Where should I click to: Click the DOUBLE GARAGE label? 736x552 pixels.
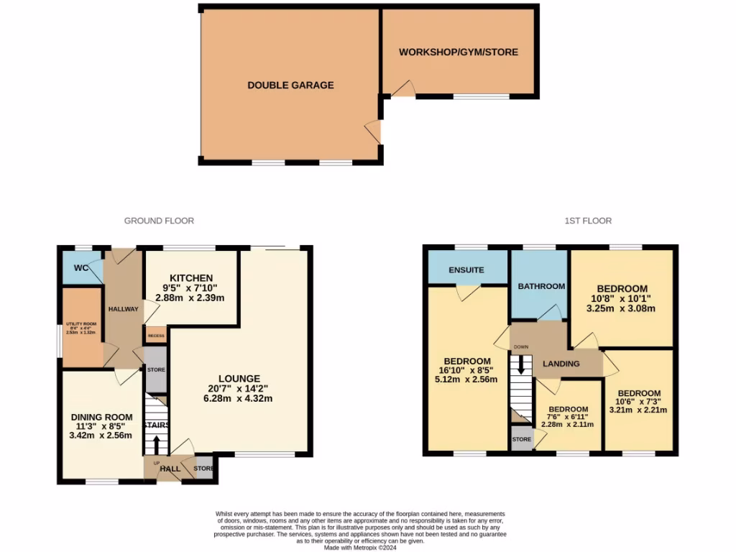290,85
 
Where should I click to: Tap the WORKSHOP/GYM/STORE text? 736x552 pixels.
458,52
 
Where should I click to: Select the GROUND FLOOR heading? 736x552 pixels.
159,221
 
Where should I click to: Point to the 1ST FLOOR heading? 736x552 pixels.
587,221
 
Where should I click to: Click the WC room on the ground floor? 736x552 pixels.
81,268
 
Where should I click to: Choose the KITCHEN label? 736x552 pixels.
190,278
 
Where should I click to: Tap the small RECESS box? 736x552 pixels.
155,335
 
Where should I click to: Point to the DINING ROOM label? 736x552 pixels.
101,417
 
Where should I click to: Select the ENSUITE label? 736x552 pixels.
466,270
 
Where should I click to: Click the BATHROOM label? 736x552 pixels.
541,286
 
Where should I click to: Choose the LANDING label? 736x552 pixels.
561,364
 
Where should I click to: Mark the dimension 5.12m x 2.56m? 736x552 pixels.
466,379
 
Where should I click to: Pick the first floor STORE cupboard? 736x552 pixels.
522,438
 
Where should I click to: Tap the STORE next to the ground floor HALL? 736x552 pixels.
203,469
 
